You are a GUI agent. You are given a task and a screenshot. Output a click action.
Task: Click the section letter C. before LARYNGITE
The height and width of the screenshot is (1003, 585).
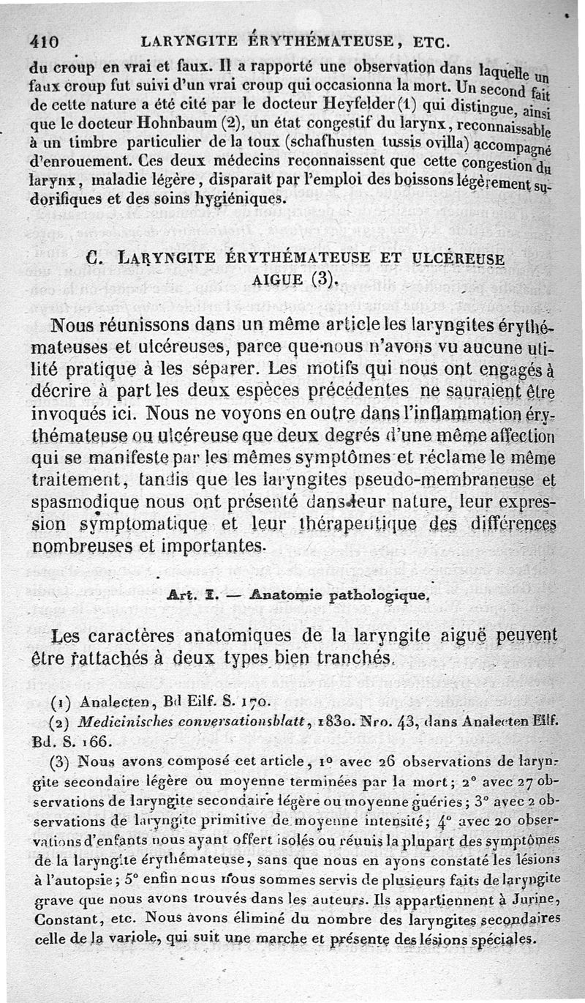92,257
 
